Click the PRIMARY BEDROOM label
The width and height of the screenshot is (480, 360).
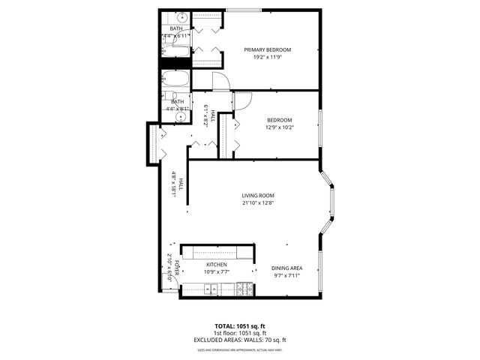[x=267, y=49]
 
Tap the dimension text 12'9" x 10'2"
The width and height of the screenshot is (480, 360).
[x=280, y=127]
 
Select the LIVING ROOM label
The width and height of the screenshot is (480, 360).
[x=257, y=195]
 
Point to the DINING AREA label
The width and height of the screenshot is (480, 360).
[x=286, y=268]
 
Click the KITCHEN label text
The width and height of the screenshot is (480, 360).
[x=217, y=265]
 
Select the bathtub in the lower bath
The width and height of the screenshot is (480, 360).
[x=178, y=80]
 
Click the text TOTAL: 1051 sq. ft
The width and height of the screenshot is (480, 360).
[x=240, y=326]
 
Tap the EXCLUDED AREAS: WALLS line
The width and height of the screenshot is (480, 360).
[x=240, y=340]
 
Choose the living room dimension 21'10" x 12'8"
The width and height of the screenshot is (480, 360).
[x=257, y=202]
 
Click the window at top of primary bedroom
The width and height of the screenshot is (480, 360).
[x=244, y=10]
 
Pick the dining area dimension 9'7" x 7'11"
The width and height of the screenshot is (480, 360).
[x=286, y=276]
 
